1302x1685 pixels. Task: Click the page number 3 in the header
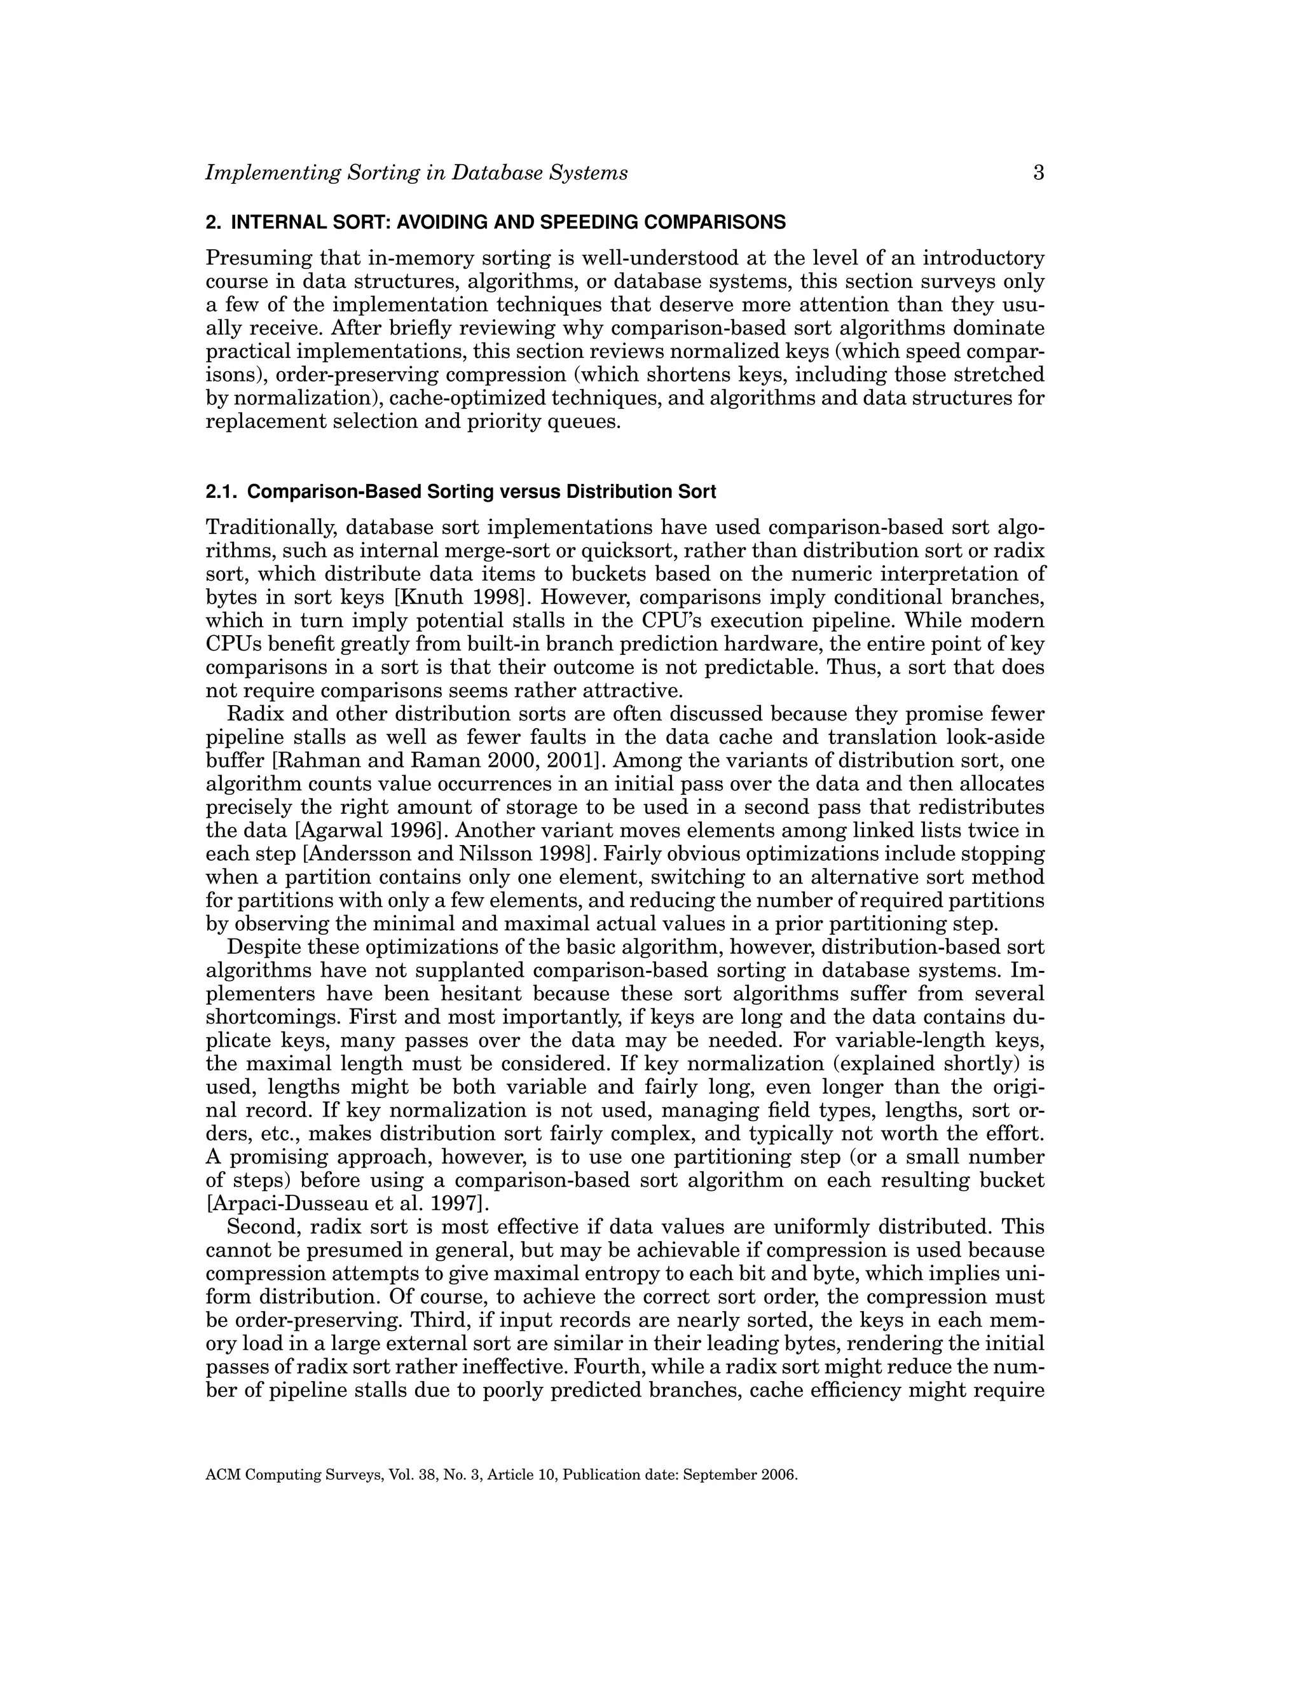click(x=1038, y=173)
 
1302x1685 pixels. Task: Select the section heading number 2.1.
click(x=221, y=492)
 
